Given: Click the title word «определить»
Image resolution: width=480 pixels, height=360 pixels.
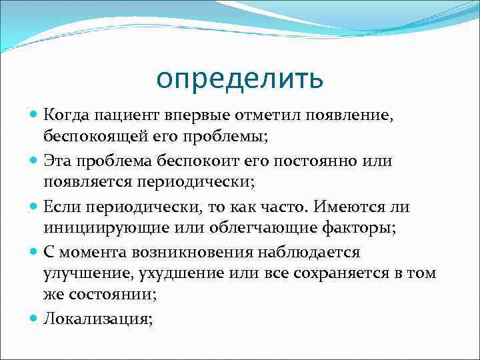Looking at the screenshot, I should coord(240,79).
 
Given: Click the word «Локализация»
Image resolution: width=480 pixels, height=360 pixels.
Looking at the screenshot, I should coord(97,319).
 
